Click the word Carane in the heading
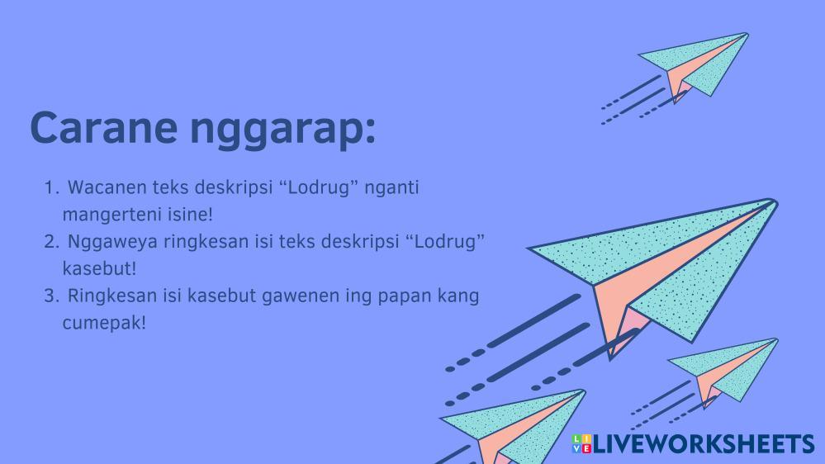point(104,127)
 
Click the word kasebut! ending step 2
point(99,269)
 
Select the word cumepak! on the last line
point(104,324)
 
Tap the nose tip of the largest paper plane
point(776,201)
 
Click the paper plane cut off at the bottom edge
point(514,426)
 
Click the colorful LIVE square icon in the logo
point(581,443)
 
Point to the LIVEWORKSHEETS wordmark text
point(704,444)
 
